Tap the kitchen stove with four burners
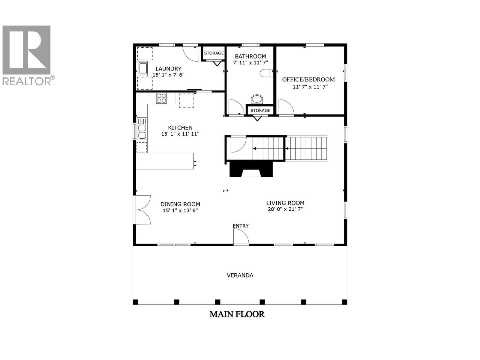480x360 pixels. pyautogui.click(x=161, y=98)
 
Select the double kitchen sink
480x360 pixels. pyautogui.click(x=142, y=129)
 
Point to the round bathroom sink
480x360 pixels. pyautogui.click(x=257, y=99)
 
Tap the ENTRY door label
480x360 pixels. pyautogui.click(x=241, y=226)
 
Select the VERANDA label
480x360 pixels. pyautogui.click(x=240, y=275)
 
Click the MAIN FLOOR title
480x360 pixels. pyautogui.click(x=237, y=314)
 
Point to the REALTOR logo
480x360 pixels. pyautogui.click(x=28, y=55)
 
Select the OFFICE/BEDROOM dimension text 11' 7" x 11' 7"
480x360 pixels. pyautogui.click(x=310, y=87)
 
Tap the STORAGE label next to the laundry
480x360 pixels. pyautogui.click(x=214, y=53)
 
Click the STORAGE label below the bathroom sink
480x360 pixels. pyautogui.click(x=260, y=110)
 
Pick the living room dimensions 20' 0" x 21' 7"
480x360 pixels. pyautogui.click(x=285, y=209)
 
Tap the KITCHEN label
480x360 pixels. pyautogui.click(x=180, y=127)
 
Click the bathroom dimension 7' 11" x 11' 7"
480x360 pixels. pyautogui.click(x=250, y=63)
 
